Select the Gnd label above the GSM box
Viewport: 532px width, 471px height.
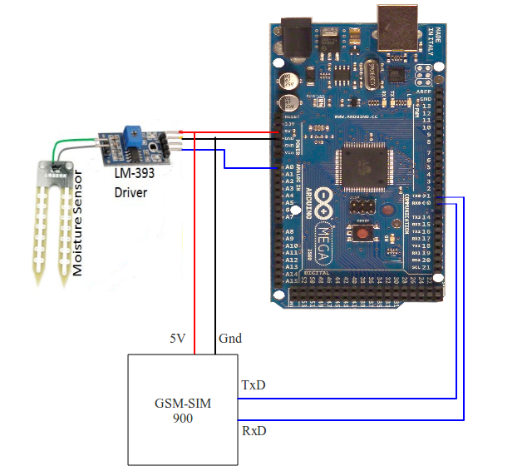[229, 340]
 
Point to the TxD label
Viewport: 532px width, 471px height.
[254, 386]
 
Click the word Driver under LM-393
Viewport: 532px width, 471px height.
[132, 193]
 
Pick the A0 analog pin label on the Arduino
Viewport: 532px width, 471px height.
[290, 167]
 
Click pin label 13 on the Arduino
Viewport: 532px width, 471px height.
[426, 107]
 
